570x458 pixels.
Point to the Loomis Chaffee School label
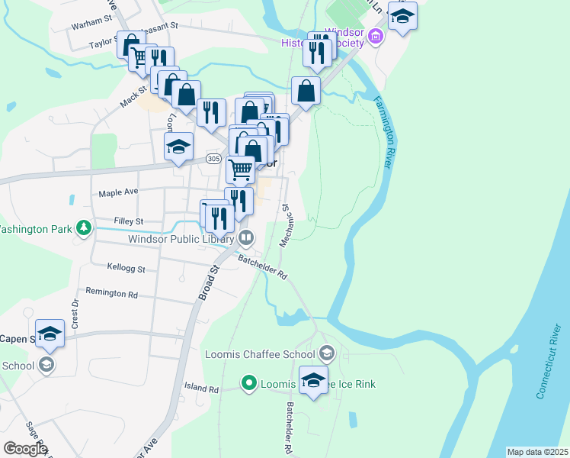point(260,354)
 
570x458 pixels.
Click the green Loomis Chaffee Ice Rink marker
point(248,383)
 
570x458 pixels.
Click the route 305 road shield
point(214,159)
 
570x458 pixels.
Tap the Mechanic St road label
point(287,225)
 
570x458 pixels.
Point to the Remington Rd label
point(111,293)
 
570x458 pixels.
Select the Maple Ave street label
point(118,193)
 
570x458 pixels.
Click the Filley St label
point(128,221)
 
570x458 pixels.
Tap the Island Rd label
point(201,388)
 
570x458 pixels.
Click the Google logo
point(25,449)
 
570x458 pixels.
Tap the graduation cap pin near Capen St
point(50,333)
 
